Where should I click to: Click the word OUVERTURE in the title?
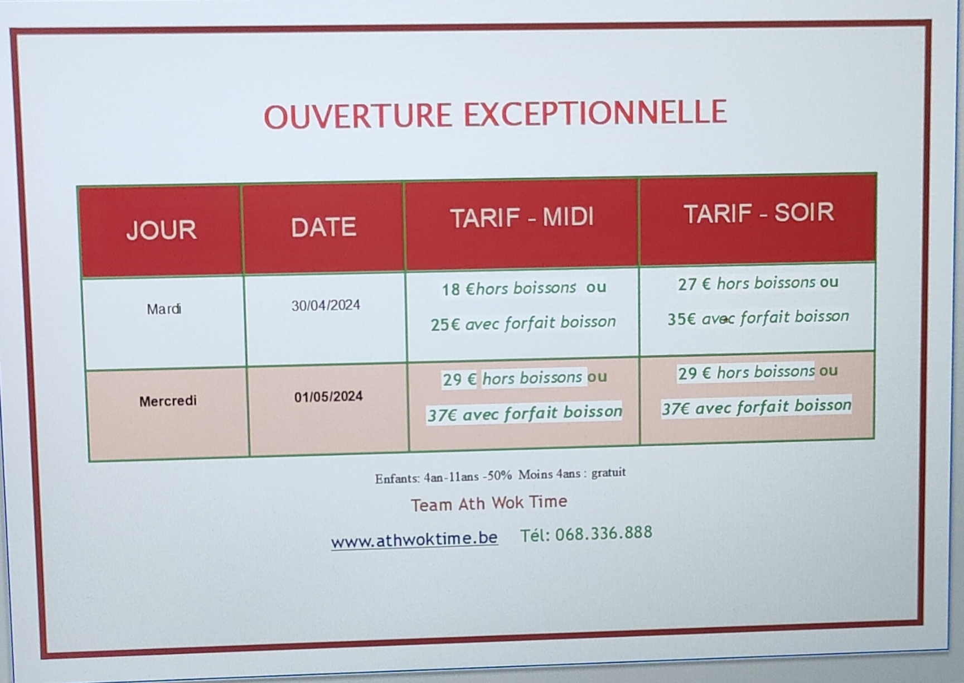pyautogui.click(x=357, y=116)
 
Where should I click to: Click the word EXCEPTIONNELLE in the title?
pyautogui.click(x=595, y=112)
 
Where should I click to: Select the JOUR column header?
pyautogui.click(x=161, y=230)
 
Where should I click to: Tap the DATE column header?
pyautogui.click(x=323, y=227)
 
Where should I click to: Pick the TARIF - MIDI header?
pyautogui.click(x=522, y=218)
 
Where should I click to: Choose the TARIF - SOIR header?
pyautogui.click(x=759, y=213)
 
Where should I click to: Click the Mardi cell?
pyautogui.click(x=164, y=309)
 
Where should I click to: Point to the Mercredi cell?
pyautogui.click(x=168, y=401)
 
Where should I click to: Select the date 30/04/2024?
pyautogui.click(x=326, y=305)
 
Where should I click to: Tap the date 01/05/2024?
pyautogui.click(x=328, y=397)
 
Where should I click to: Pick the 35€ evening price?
pyautogui.click(x=682, y=319)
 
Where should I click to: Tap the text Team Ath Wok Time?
pyautogui.click(x=489, y=503)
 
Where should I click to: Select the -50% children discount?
pyautogui.click(x=497, y=476)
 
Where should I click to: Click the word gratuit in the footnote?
pyautogui.click(x=609, y=473)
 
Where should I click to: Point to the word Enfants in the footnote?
pyautogui.click(x=398, y=478)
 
